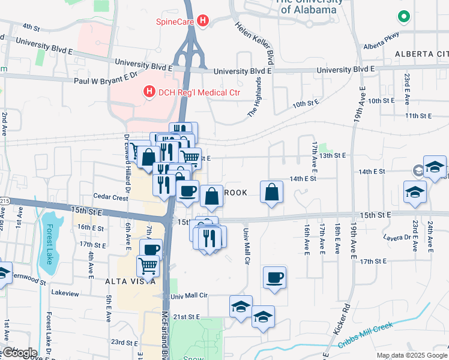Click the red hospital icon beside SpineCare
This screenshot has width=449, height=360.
pos(203,22)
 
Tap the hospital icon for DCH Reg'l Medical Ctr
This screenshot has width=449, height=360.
pos(148,91)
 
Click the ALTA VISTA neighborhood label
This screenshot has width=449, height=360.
pos(131,281)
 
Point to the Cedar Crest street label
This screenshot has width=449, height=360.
pos(111,197)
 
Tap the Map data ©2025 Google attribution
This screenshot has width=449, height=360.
pos(412,355)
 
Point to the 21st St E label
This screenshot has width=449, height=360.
pos(185,316)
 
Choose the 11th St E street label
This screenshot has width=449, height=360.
pos(418,115)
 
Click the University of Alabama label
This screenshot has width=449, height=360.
pos(308,7)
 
